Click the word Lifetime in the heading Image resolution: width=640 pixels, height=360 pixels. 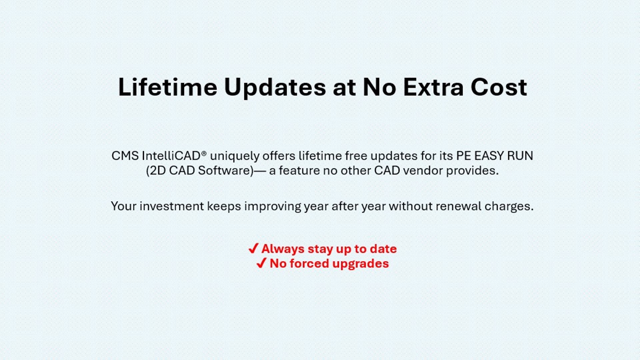click(x=168, y=87)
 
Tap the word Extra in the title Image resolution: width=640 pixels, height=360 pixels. click(x=433, y=87)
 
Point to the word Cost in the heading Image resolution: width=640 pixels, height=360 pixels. click(x=499, y=87)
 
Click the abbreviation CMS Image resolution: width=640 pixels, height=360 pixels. click(x=125, y=156)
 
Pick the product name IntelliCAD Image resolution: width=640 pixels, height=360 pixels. click(x=171, y=156)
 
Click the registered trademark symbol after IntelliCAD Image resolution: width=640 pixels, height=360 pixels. click(x=204, y=153)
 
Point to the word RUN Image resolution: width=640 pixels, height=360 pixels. click(x=520, y=156)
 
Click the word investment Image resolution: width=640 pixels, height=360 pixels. click(x=172, y=206)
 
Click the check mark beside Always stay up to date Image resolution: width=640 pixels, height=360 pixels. click(x=253, y=248)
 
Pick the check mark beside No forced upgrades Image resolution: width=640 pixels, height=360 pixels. click(x=261, y=263)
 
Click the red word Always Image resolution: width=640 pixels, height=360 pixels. click(x=283, y=249)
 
